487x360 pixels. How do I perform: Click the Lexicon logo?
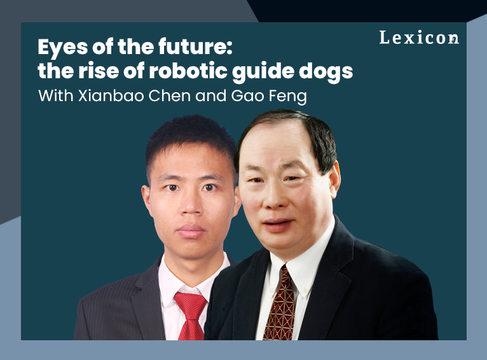(418, 38)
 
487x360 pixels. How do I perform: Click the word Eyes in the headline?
(59, 48)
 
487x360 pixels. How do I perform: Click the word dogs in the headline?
(329, 71)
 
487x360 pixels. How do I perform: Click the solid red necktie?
(190, 317)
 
